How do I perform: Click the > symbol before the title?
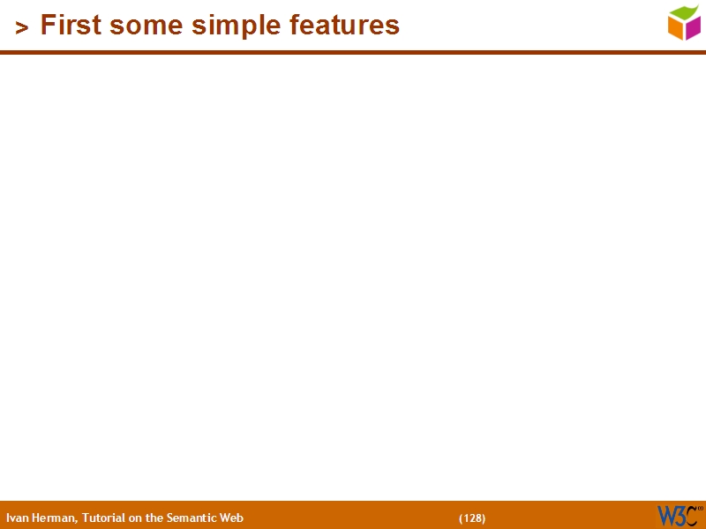tap(22, 28)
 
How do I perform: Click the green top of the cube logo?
tap(684, 12)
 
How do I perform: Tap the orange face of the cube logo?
tap(676, 29)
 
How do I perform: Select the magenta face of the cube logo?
tap(693, 28)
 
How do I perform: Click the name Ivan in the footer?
tap(16, 518)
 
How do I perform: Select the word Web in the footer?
tap(231, 518)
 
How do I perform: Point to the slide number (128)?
tap(472, 518)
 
